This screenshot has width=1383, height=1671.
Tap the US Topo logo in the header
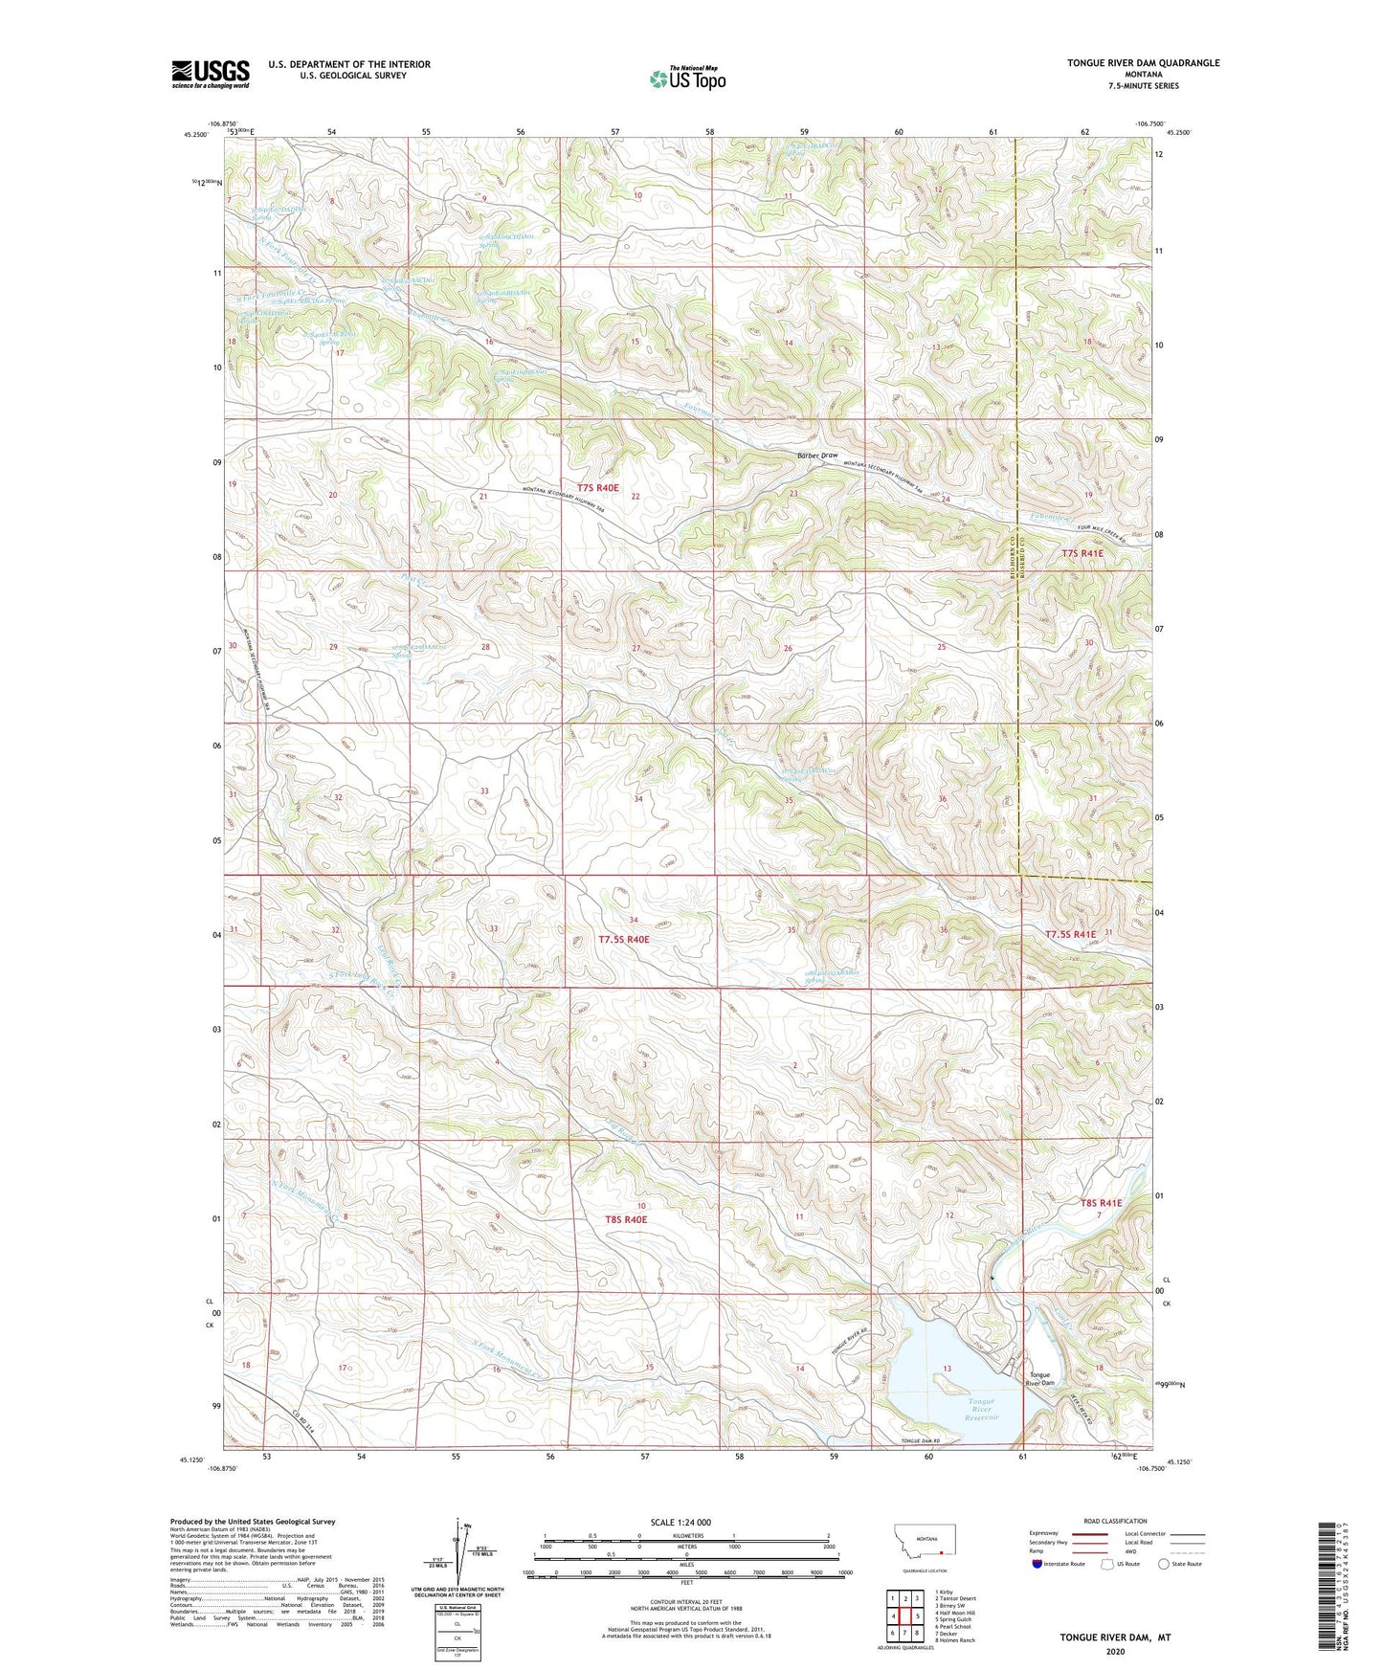(x=687, y=78)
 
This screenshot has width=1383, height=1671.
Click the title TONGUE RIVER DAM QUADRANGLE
(x=1144, y=63)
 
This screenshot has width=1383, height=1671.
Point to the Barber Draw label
(x=817, y=456)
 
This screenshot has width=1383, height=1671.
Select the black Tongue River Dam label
(x=1040, y=1379)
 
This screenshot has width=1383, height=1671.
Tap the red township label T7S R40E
(x=597, y=488)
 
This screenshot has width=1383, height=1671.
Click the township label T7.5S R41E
(x=1071, y=934)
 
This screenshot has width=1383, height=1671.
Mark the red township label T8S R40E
(x=626, y=1219)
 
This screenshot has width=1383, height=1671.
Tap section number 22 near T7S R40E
(x=635, y=496)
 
